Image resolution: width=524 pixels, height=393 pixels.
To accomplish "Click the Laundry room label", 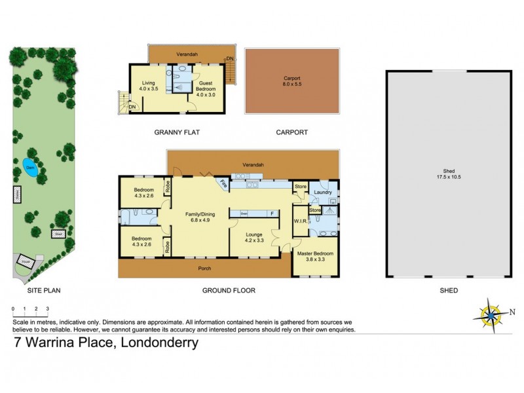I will click(322, 192).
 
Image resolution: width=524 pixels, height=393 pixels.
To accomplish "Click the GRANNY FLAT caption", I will click(177, 132).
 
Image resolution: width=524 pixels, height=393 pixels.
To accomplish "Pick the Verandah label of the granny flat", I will click(187, 54).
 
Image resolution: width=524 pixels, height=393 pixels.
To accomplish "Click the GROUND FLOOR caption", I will click(229, 290).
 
